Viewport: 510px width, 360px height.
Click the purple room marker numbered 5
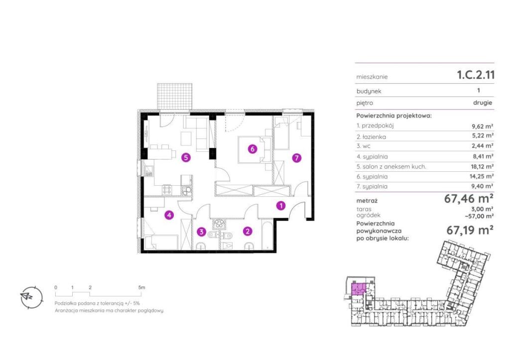tap(186, 158)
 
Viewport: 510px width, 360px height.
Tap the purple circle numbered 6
tap(253, 149)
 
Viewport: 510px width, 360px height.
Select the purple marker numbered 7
tap(296, 158)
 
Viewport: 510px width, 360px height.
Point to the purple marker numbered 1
tap(281, 206)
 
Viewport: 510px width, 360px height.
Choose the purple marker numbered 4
tap(169, 215)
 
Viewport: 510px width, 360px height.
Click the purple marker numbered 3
tap(202, 232)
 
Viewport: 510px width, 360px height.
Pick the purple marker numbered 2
tap(248, 231)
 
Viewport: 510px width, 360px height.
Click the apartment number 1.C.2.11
tap(476, 75)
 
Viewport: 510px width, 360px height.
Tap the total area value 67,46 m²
tap(469, 198)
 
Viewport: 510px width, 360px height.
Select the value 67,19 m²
tap(470, 230)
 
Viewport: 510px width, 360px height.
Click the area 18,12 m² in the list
tap(483, 166)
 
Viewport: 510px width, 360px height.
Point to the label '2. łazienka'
tap(371, 137)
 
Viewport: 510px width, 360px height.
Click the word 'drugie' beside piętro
tap(483, 103)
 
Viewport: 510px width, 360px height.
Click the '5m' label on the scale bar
tap(141, 287)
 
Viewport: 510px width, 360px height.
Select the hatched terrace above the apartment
tap(174, 96)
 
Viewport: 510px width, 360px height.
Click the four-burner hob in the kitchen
tap(167, 190)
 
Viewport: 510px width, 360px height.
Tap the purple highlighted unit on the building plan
tap(359, 289)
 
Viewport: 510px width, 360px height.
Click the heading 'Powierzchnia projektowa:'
tap(394, 116)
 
